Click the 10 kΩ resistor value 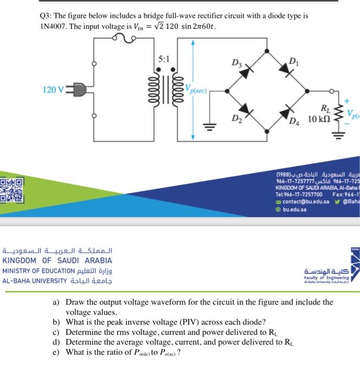click(x=319, y=118)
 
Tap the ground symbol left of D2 click(x=212, y=126)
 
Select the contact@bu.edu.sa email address click(x=305, y=201)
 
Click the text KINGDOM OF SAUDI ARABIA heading click(x=57, y=260)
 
